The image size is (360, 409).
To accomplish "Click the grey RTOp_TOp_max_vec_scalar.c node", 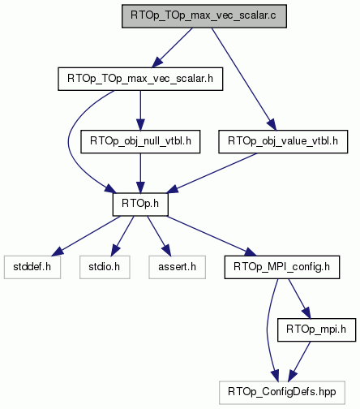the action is [x=204, y=16].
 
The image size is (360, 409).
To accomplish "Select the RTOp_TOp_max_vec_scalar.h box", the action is [x=140, y=79].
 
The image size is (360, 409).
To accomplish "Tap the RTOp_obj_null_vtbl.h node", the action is [x=140, y=141].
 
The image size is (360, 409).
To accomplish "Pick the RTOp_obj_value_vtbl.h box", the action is [x=283, y=141].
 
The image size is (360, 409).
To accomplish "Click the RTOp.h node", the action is [x=140, y=204].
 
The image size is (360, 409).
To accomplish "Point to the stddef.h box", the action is [x=32, y=267].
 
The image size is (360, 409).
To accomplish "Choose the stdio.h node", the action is [x=105, y=267].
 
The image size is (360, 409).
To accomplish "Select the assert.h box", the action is [x=177, y=267].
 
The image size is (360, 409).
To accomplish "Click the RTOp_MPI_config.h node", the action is [x=282, y=267].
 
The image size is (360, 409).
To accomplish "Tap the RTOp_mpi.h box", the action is [x=316, y=329].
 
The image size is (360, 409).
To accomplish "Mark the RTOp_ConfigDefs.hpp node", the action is [x=282, y=393].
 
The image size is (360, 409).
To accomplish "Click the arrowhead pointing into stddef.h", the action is [x=58, y=252].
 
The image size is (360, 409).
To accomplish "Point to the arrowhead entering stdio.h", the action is [x=114, y=251].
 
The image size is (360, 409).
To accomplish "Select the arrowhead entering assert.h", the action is [x=167, y=251].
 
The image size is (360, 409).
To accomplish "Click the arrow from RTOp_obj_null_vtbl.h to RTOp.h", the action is [x=140, y=173].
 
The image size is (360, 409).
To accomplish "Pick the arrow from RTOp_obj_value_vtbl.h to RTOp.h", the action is [x=212, y=173].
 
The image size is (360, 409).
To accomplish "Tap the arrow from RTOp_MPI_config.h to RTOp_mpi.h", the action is [x=300, y=299].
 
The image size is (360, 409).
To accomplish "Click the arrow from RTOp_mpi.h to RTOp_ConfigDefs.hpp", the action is [x=299, y=361].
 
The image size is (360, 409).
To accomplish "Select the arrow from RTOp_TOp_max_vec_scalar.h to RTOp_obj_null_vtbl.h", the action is [x=140, y=110].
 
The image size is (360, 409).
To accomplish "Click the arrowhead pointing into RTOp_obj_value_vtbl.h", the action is [x=272, y=125].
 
